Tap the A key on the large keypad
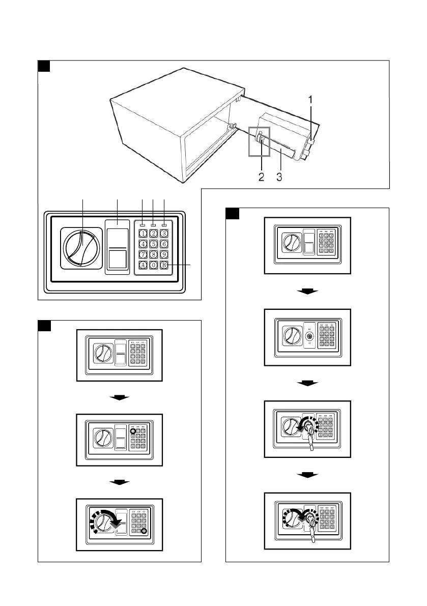pyautogui.click(x=143, y=265)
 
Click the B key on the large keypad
pyautogui.click(x=164, y=265)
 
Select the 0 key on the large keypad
pyautogui.click(x=154, y=265)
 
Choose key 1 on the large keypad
pyautogui.click(x=143, y=234)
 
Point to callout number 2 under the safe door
pyautogui.click(x=261, y=178)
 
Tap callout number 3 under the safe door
pyautogui.click(x=279, y=178)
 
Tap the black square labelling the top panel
pyautogui.click(x=44, y=66)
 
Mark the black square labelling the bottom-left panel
pyautogui.click(x=44, y=326)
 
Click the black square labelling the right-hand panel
pyautogui.click(x=232, y=213)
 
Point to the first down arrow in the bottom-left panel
pyautogui.click(x=120, y=397)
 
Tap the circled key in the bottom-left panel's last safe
pyautogui.click(x=144, y=531)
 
